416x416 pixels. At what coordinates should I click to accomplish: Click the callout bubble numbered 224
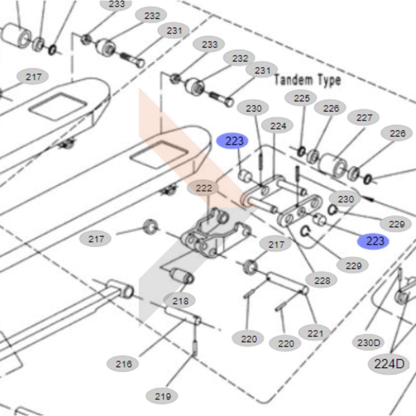pyautogui.click(x=278, y=126)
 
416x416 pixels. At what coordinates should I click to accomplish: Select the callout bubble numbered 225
pyautogui.click(x=302, y=98)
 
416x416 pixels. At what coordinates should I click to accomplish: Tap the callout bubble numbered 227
pyautogui.click(x=364, y=118)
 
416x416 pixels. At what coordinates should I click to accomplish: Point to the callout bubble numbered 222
pyautogui.click(x=203, y=188)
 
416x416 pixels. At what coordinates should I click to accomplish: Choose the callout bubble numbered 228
pyautogui.click(x=321, y=281)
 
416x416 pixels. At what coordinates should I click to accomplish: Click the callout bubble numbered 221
pyautogui.click(x=315, y=333)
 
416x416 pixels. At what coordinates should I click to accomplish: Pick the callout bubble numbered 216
pyautogui.click(x=123, y=364)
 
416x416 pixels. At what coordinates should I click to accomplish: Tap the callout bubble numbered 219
pyautogui.click(x=163, y=396)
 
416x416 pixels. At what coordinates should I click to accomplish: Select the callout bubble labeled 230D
pyautogui.click(x=369, y=343)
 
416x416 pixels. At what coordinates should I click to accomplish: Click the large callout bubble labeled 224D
pyautogui.click(x=388, y=363)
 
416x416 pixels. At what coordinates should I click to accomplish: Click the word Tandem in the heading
pyautogui.click(x=293, y=80)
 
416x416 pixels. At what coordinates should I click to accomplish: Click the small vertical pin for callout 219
pyautogui.click(x=194, y=347)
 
